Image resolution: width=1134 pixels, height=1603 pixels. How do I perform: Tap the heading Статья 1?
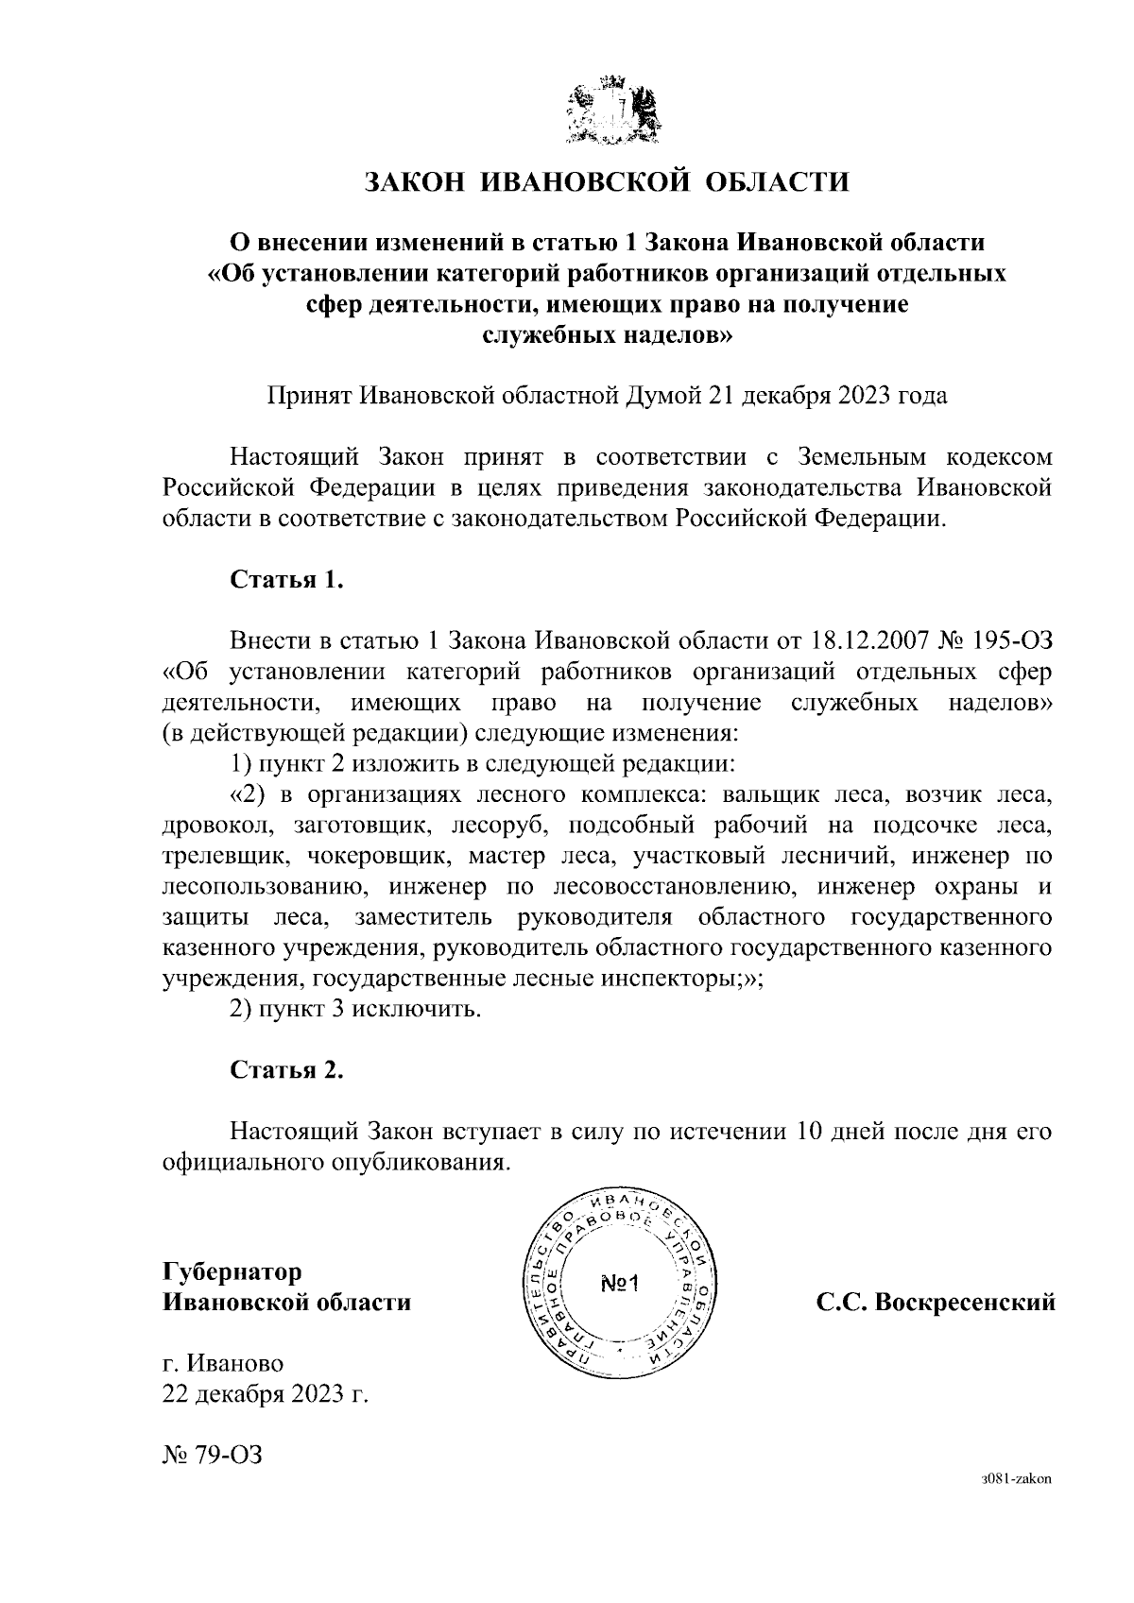click(286, 579)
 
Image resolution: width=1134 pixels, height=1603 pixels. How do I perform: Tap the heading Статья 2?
click(286, 1070)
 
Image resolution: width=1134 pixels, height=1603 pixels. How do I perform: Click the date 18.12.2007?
click(868, 641)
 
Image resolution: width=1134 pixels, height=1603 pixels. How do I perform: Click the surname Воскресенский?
click(964, 1303)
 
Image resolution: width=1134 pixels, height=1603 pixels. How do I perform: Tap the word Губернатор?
click(232, 1272)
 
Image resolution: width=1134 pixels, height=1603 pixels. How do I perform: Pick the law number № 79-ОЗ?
click(212, 1455)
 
